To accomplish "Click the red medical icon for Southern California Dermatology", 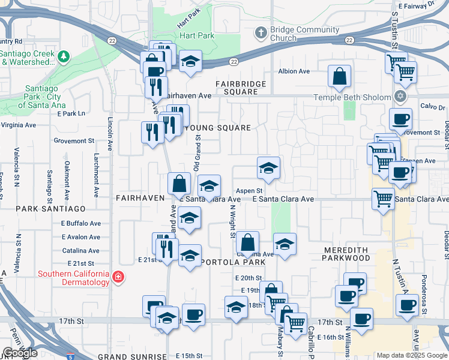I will pyautogui.click(x=118, y=277).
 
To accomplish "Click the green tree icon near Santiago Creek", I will pyautogui.click(x=64, y=57).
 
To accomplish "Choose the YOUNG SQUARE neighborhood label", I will pyautogui.click(x=217, y=128).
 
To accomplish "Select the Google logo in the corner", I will pyautogui.click(x=20, y=353).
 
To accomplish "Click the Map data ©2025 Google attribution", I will pyautogui.click(x=411, y=355).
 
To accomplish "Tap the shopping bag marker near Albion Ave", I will pyautogui.click(x=339, y=76).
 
